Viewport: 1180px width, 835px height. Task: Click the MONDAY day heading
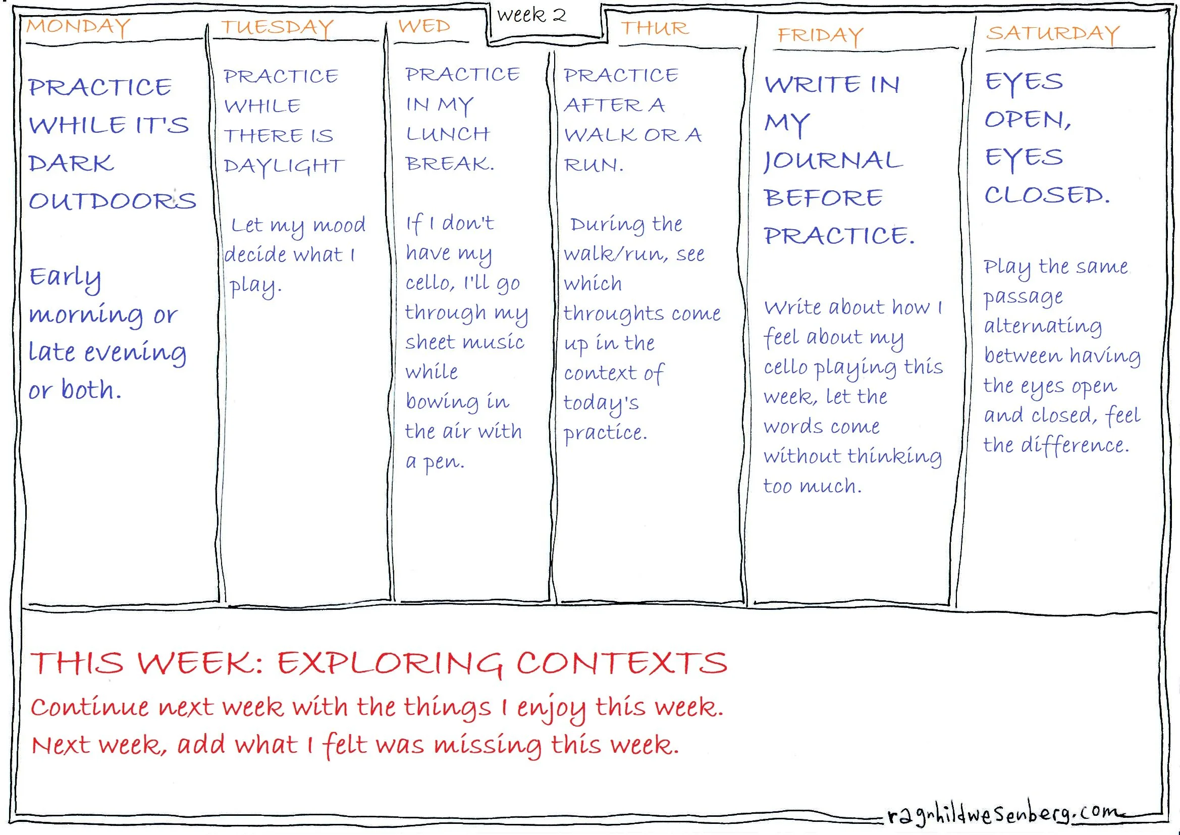79,27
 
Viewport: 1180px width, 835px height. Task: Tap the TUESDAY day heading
278,27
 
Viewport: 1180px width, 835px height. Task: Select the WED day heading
424,26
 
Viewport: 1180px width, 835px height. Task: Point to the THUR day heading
654,28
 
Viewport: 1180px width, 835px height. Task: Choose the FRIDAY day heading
820,35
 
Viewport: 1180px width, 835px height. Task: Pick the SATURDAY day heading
1052,33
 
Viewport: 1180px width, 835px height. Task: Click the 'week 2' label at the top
531,16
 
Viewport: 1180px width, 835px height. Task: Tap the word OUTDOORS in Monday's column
113,200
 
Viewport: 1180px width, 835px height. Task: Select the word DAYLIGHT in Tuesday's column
284,166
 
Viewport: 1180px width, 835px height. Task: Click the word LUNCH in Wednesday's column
448,134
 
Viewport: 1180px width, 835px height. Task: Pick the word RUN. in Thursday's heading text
594,165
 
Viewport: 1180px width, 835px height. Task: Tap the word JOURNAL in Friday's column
833,161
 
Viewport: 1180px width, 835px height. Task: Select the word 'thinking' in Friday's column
894,456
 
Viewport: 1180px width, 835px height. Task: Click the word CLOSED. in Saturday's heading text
1047,195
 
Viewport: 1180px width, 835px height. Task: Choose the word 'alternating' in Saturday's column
1042,327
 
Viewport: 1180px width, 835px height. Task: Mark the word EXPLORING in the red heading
390,663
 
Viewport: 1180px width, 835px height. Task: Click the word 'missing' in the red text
487,745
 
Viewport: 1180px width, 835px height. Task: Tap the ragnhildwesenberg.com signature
1002,814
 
